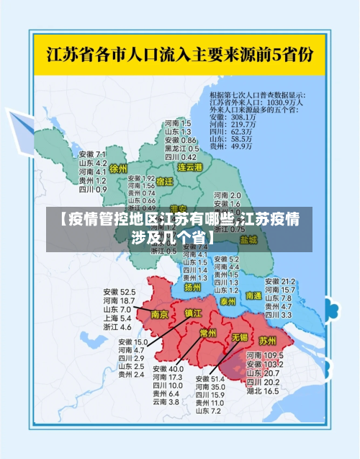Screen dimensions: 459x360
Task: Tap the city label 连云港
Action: coord(191,167)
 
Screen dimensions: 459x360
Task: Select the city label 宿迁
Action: coord(164,182)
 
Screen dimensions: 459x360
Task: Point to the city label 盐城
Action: coord(248,239)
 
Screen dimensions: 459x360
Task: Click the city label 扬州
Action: coord(192,287)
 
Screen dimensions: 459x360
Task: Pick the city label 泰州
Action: coord(228,300)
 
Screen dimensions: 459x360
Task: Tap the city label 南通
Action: coord(253,295)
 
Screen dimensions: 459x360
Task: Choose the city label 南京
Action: coord(160,315)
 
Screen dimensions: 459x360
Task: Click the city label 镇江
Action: coord(194,313)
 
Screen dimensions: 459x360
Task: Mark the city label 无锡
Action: coord(239,337)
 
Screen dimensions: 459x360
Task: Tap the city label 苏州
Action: coord(267,340)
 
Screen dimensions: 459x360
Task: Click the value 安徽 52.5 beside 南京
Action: coord(118,292)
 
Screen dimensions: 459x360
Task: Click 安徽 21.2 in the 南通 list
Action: coord(280,281)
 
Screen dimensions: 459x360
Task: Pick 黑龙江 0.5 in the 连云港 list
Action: coord(180,148)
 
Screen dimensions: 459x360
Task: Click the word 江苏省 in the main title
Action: coord(69,54)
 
